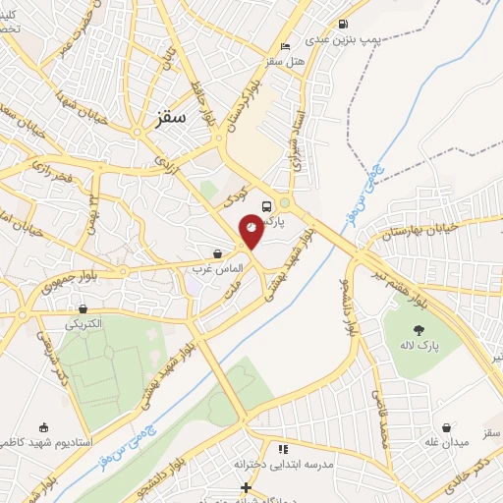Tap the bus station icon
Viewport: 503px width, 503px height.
click(266, 206)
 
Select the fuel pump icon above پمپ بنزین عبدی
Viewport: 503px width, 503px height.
click(342, 25)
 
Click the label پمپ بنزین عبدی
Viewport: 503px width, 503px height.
click(339, 40)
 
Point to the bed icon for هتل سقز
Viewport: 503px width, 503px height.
click(285, 46)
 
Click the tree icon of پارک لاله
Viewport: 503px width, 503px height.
click(419, 330)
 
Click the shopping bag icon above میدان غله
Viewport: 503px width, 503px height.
click(448, 427)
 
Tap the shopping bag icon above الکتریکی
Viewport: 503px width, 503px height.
click(82, 307)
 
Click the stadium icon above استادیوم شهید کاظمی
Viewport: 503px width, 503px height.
click(41, 427)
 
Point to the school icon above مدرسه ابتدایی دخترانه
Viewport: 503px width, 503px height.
click(284, 448)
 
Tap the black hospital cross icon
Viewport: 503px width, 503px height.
click(246, 487)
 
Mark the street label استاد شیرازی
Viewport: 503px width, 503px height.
click(293, 147)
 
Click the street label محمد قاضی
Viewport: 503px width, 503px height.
click(377, 404)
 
